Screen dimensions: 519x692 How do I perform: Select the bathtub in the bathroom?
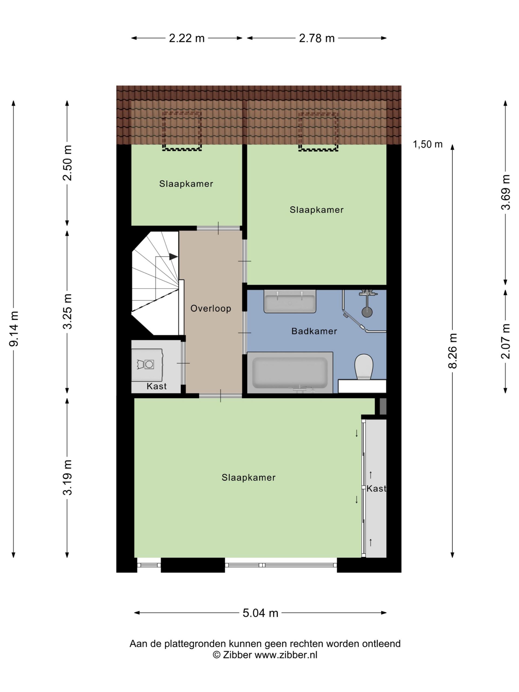pos(290,372)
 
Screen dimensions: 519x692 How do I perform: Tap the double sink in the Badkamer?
pos(290,301)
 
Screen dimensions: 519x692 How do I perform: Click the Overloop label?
pos(211,308)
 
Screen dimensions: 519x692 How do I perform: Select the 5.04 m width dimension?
pos(260,613)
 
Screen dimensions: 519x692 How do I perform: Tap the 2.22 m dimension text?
pos(187,38)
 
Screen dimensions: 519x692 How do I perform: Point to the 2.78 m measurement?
pos(317,38)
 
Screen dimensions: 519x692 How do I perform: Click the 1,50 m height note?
pos(428,144)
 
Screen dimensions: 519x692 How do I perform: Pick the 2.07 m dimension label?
pos(505,341)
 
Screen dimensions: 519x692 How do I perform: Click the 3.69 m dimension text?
pos(505,192)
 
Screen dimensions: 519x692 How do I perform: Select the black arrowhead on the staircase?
pos(174,257)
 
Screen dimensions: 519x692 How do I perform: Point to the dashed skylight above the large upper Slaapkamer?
pos(318,132)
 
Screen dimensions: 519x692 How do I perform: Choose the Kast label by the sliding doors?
pos(376,488)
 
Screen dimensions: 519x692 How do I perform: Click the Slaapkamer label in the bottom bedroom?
pos(248,477)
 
